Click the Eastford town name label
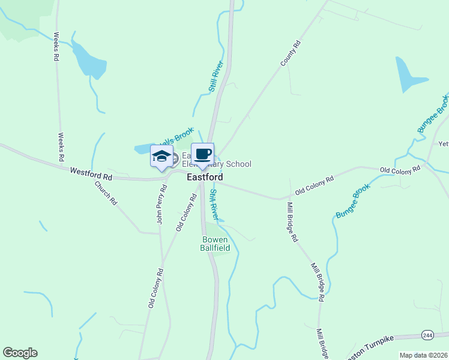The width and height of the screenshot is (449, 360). pos(205,178)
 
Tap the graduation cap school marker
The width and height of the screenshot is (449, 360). pos(161,157)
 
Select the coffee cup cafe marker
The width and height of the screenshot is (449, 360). pos(202,154)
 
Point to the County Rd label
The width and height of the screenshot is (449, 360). pos(290,53)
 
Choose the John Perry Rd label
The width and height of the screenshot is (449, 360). pos(160,208)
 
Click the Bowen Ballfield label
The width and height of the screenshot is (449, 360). pos(215,244)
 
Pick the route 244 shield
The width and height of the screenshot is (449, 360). pos(427,335)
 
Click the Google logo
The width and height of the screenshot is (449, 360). pos(20,353)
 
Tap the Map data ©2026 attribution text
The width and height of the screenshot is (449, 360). pos(423,355)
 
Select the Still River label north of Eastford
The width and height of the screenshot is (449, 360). pos(216,76)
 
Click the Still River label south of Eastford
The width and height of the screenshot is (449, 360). pos(214,204)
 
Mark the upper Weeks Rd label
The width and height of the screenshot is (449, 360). pos(57,47)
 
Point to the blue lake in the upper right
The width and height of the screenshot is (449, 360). pos(408,75)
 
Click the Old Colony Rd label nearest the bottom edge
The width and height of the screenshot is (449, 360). pos(155,289)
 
